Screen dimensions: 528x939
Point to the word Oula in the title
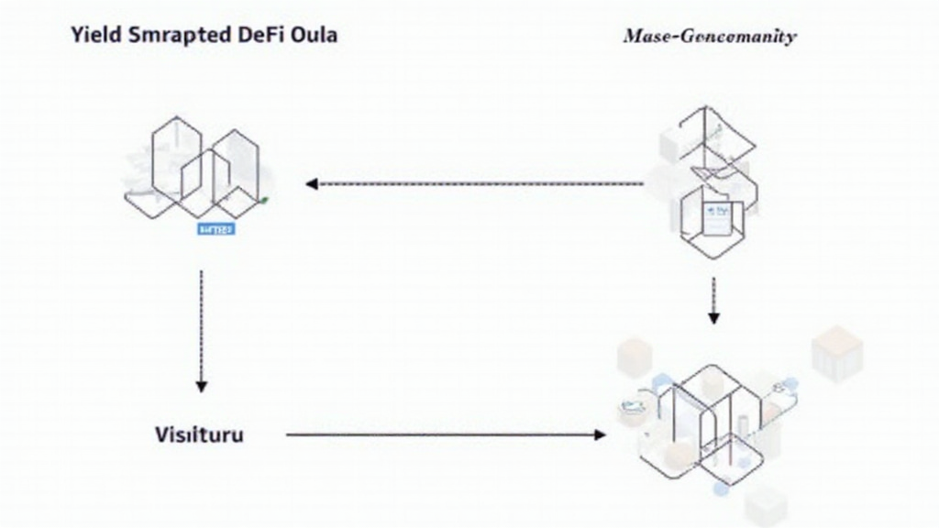click(312, 36)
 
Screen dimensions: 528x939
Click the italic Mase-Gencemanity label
click(710, 37)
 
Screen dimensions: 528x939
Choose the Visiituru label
click(199, 434)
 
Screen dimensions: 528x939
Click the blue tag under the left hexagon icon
click(216, 228)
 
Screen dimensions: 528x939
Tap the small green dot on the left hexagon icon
click(264, 199)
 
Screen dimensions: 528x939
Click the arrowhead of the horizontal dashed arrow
click(312, 183)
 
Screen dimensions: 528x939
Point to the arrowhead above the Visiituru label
click(202, 385)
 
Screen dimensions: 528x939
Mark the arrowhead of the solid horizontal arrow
click(599, 434)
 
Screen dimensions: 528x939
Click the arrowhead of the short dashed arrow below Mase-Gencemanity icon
click(713, 317)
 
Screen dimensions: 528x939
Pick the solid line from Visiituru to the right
click(440, 434)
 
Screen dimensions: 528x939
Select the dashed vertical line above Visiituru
click(202, 321)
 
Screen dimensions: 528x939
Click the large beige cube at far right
click(836, 353)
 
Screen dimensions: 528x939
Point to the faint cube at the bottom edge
click(765, 509)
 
